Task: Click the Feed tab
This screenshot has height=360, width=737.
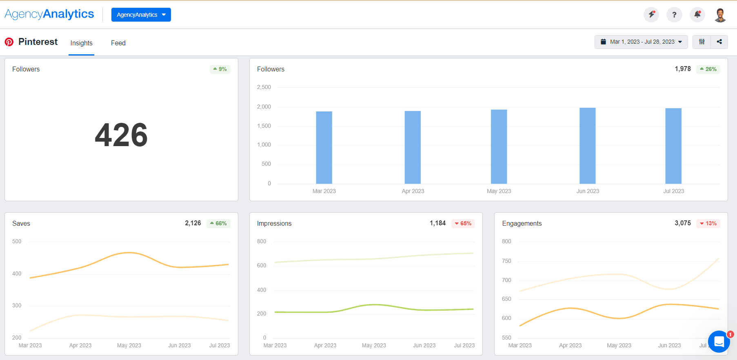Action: [118, 43]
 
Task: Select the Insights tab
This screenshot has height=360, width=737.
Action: [81, 43]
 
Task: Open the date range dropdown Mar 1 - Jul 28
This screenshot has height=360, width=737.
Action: [641, 42]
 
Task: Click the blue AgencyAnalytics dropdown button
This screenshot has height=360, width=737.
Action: [141, 15]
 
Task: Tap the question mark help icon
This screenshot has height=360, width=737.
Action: [674, 15]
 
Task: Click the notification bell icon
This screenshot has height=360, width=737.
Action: [697, 15]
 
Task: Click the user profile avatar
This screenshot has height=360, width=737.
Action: [720, 15]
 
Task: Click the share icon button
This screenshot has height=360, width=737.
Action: [719, 42]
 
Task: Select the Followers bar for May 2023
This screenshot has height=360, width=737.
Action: [499, 147]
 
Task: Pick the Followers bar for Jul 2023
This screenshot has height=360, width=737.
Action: [673, 146]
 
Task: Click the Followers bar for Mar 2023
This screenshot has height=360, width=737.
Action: [324, 147]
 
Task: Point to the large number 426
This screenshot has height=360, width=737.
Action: [121, 135]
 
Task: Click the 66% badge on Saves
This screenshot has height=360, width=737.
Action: [218, 223]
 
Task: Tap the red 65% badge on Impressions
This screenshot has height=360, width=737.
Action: [463, 223]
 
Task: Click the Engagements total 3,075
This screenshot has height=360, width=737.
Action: [682, 223]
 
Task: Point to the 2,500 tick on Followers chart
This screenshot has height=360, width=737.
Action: [264, 87]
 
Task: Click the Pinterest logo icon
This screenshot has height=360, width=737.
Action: [9, 42]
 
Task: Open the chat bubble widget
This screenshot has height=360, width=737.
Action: [719, 341]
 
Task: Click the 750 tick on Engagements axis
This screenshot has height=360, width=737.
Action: [506, 261]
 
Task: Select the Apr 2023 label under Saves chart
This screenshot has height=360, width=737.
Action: [80, 345]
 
